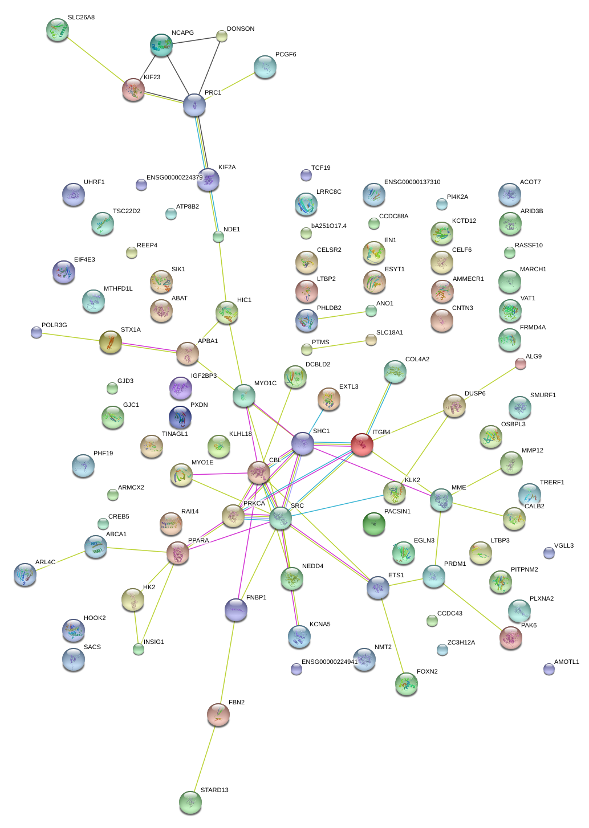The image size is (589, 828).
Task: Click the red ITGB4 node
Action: point(361,444)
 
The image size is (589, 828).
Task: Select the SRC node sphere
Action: point(280,518)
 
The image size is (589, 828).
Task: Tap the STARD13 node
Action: point(190,802)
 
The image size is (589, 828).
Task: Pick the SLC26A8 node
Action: point(57,30)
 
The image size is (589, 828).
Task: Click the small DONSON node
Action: point(222,36)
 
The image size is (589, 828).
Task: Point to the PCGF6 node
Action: point(265,67)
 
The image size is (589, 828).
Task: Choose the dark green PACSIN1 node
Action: point(374,524)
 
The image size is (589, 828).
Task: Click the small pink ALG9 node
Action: point(520,364)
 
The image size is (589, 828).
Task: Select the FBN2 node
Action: point(218,715)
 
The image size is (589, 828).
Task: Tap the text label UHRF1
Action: point(94,182)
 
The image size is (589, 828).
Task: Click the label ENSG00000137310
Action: point(412,182)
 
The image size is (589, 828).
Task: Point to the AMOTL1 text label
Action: point(566,662)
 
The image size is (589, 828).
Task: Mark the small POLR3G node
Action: point(36,332)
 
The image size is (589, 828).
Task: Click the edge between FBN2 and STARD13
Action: point(204,758)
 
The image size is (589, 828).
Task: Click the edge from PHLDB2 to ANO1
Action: point(339,316)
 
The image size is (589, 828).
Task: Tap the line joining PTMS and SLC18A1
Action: point(339,345)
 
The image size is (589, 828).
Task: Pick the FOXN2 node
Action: point(406,683)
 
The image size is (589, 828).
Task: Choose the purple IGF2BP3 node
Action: point(181,388)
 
